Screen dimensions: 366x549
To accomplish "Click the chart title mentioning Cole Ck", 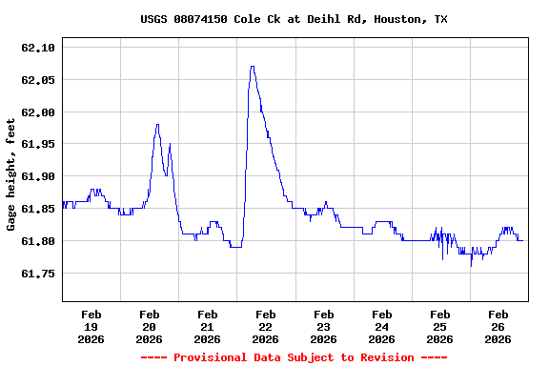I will point(294,19).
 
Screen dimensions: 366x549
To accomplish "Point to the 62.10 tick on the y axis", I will point(38,48).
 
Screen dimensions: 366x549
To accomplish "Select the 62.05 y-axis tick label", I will point(38,80).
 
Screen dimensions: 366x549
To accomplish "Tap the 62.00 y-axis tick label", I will point(38,112).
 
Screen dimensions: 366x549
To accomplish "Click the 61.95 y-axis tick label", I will point(38,145).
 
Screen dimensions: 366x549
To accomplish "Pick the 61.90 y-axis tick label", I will point(38,177).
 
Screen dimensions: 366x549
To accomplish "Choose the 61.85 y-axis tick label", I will point(38,210).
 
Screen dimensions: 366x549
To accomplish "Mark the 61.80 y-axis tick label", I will point(38,242).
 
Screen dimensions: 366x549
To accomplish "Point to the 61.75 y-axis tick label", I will point(38,274).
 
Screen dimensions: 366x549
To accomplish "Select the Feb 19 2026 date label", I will point(91,326).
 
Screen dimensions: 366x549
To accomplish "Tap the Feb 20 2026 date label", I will point(150,326).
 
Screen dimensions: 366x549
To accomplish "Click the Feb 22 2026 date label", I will point(265,326).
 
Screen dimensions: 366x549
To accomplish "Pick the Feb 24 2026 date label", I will point(381,326).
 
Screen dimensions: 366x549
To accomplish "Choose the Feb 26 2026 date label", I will point(498,326).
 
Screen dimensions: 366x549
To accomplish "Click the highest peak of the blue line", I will point(252,67).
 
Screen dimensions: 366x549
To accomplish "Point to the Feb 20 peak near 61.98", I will point(157,125).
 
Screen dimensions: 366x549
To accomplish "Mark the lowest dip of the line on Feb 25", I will point(471,265).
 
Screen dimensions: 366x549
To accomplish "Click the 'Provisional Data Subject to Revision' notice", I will point(294,357).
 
